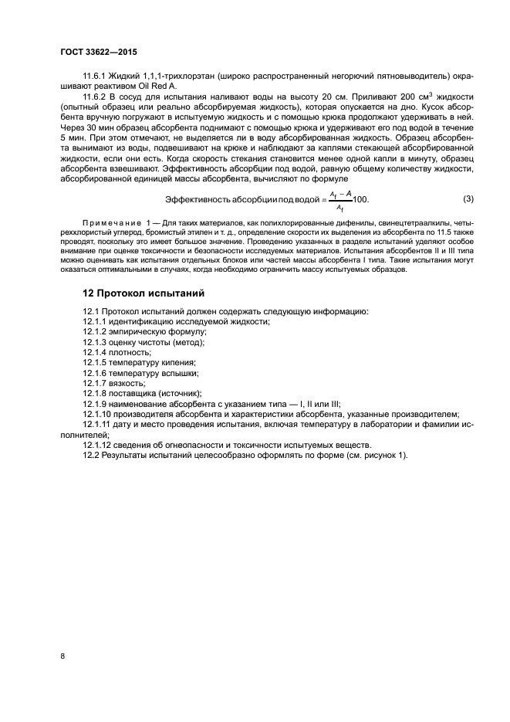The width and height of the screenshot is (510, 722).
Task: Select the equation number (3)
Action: click(x=467, y=198)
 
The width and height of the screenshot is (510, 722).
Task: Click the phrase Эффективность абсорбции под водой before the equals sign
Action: click(x=247, y=199)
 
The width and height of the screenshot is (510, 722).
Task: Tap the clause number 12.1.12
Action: click(x=99, y=444)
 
